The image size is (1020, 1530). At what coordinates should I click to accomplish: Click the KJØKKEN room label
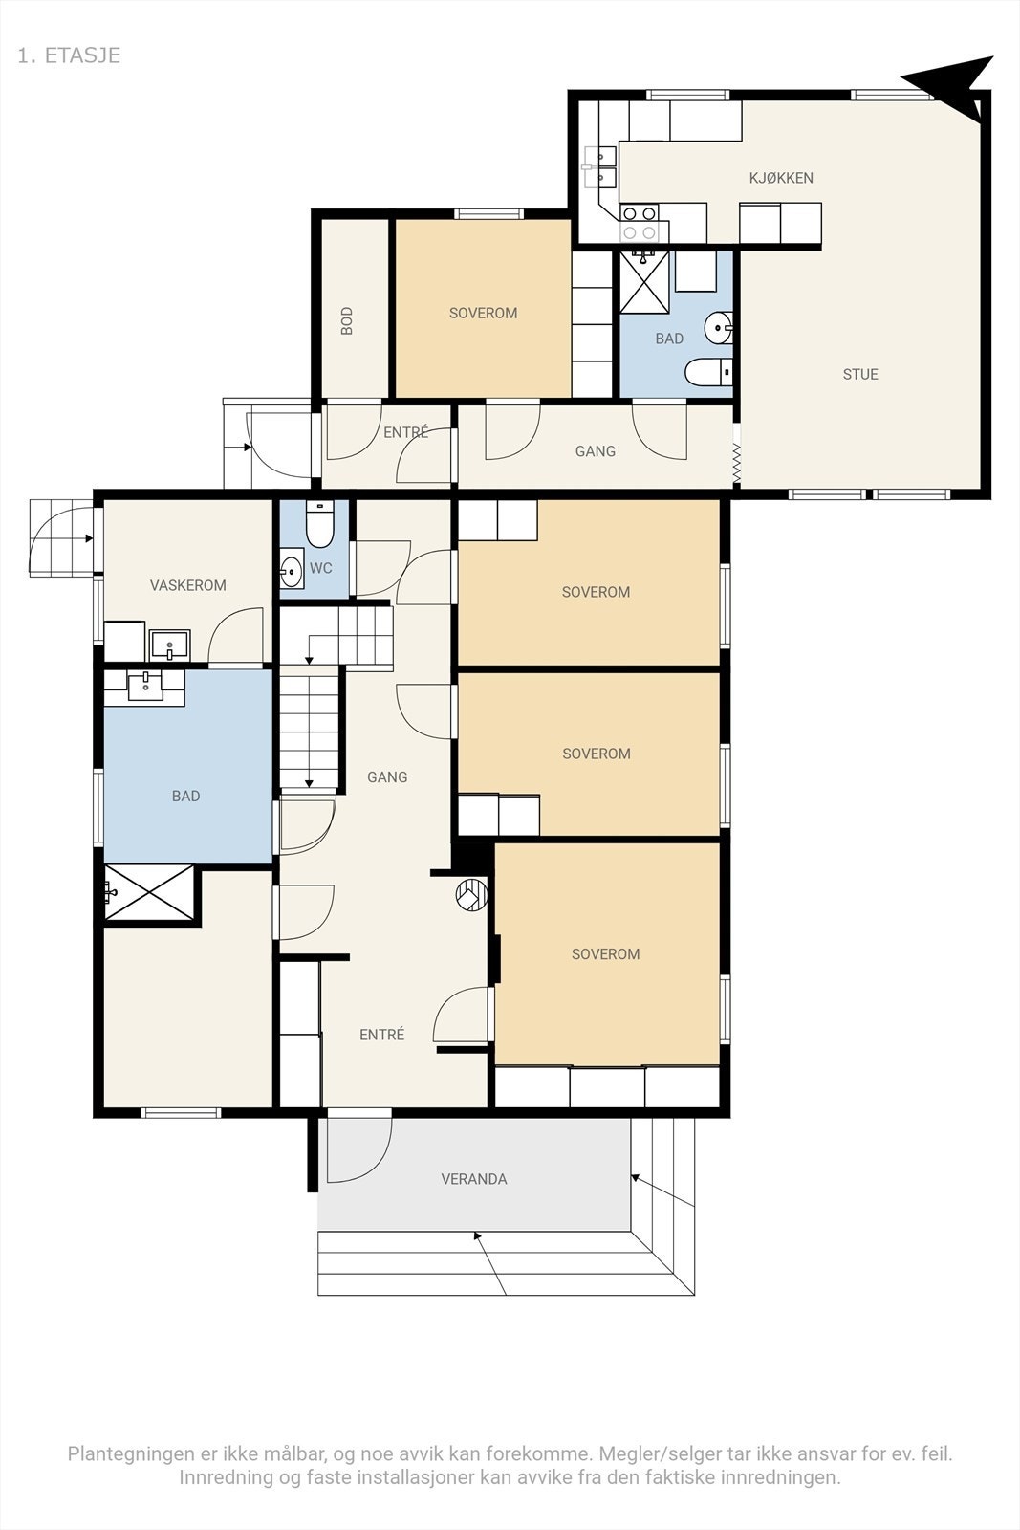[781, 178]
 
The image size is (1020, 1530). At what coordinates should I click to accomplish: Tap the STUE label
[860, 374]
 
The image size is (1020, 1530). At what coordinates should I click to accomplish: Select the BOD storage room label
[347, 320]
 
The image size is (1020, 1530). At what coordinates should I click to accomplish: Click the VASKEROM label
[187, 585]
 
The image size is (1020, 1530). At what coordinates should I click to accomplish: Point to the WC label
[321, 568]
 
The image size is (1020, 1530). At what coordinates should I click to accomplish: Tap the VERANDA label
[474, 1179]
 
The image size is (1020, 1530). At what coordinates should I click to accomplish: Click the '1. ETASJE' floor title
[69, 55]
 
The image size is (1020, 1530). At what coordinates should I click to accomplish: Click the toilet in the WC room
[319, 525]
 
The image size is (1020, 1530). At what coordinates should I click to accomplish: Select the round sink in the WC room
[293, 568]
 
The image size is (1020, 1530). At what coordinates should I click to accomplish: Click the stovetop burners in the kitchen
[640, 224]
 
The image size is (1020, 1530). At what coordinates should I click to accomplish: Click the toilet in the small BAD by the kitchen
[709, 372]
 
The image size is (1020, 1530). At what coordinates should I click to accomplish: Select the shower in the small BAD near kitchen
[644, 283]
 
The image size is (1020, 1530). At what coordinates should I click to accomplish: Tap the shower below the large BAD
[149, 893]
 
